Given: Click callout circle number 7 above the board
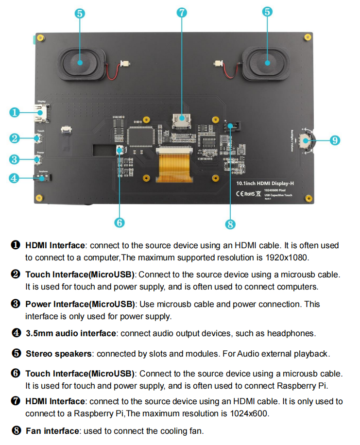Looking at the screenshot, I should pos(182,13).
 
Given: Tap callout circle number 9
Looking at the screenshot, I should pos(334,140).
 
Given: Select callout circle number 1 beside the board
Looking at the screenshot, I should pos(15,112).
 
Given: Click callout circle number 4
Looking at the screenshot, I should pos(15,178).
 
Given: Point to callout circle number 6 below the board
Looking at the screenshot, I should pos(120,222).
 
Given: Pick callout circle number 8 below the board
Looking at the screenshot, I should pos(230,224).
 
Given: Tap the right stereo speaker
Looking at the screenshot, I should pos(267,63).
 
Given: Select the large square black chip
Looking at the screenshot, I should pos(141,136).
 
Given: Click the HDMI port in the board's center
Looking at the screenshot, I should pos(182,119).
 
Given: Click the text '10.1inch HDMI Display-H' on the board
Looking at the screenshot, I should pos(265,184).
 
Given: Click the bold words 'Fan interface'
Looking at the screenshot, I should pos(52,431).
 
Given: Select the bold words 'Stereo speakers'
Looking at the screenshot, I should pos(58,354).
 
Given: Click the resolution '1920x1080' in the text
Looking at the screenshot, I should pos(284,257).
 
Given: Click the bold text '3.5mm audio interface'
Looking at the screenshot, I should pos(71,333).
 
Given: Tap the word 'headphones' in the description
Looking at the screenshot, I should pos(291,333).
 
